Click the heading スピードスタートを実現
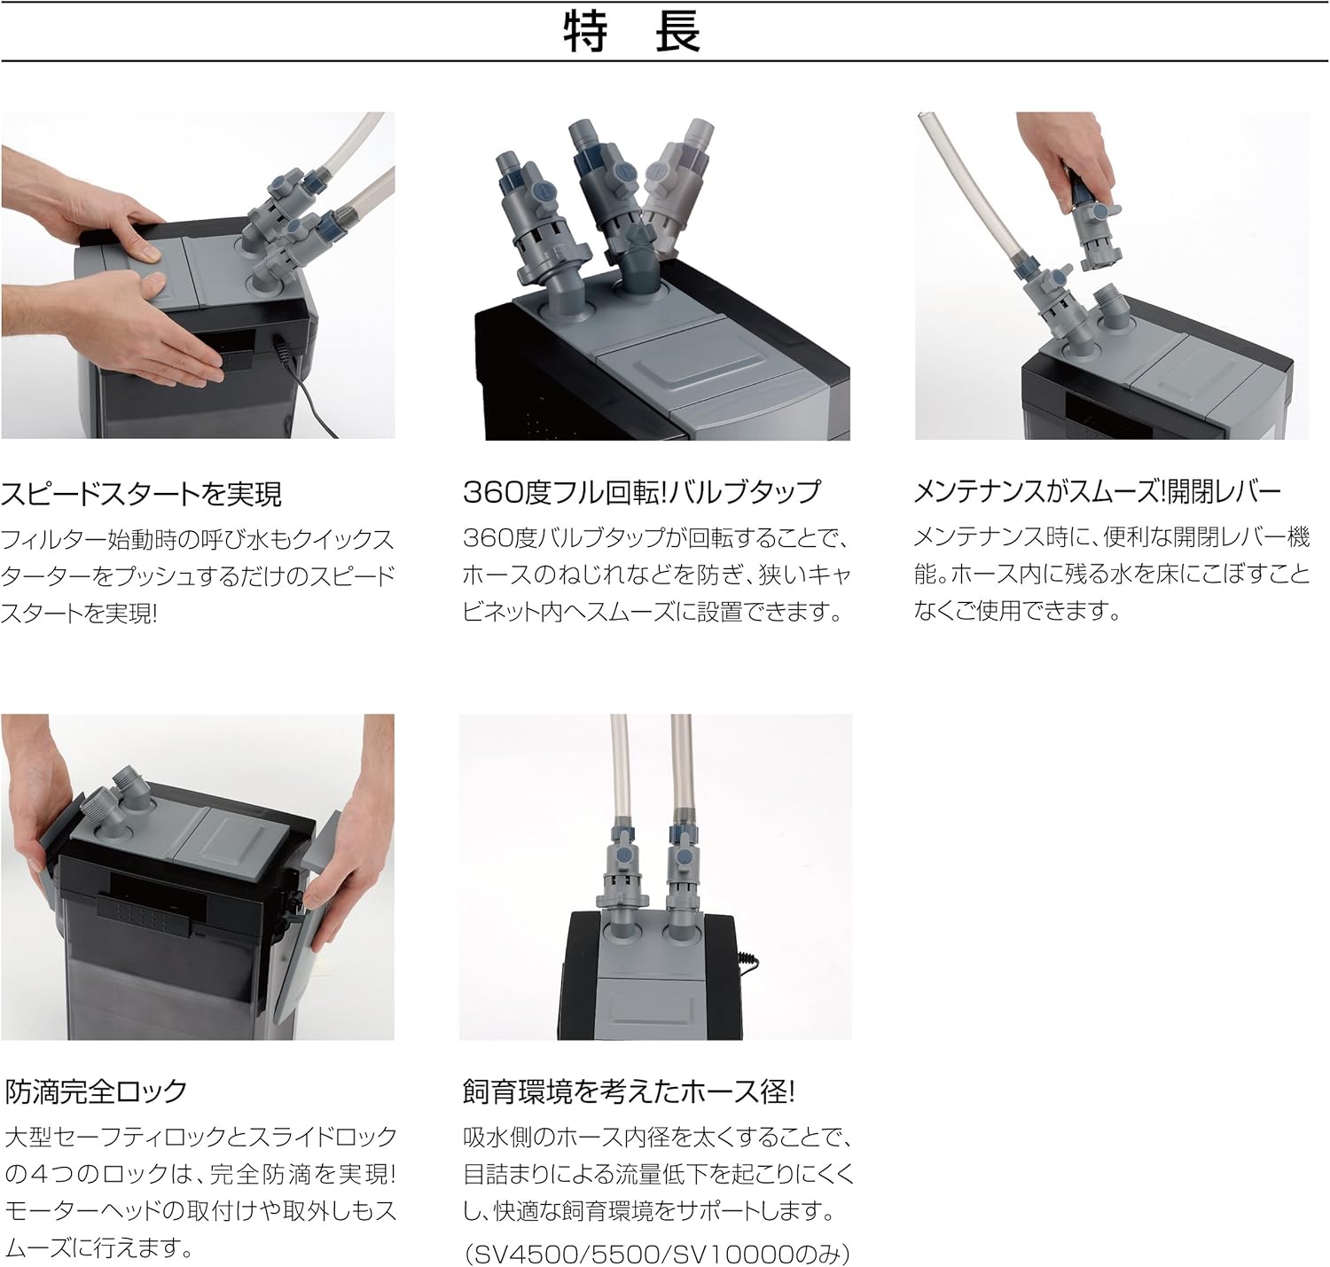[142, 494]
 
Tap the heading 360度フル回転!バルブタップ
[642, 492]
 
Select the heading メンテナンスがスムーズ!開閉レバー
[1097, 491]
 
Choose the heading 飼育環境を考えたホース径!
[629, 1091]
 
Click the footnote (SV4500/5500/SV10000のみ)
[656, 1255]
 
